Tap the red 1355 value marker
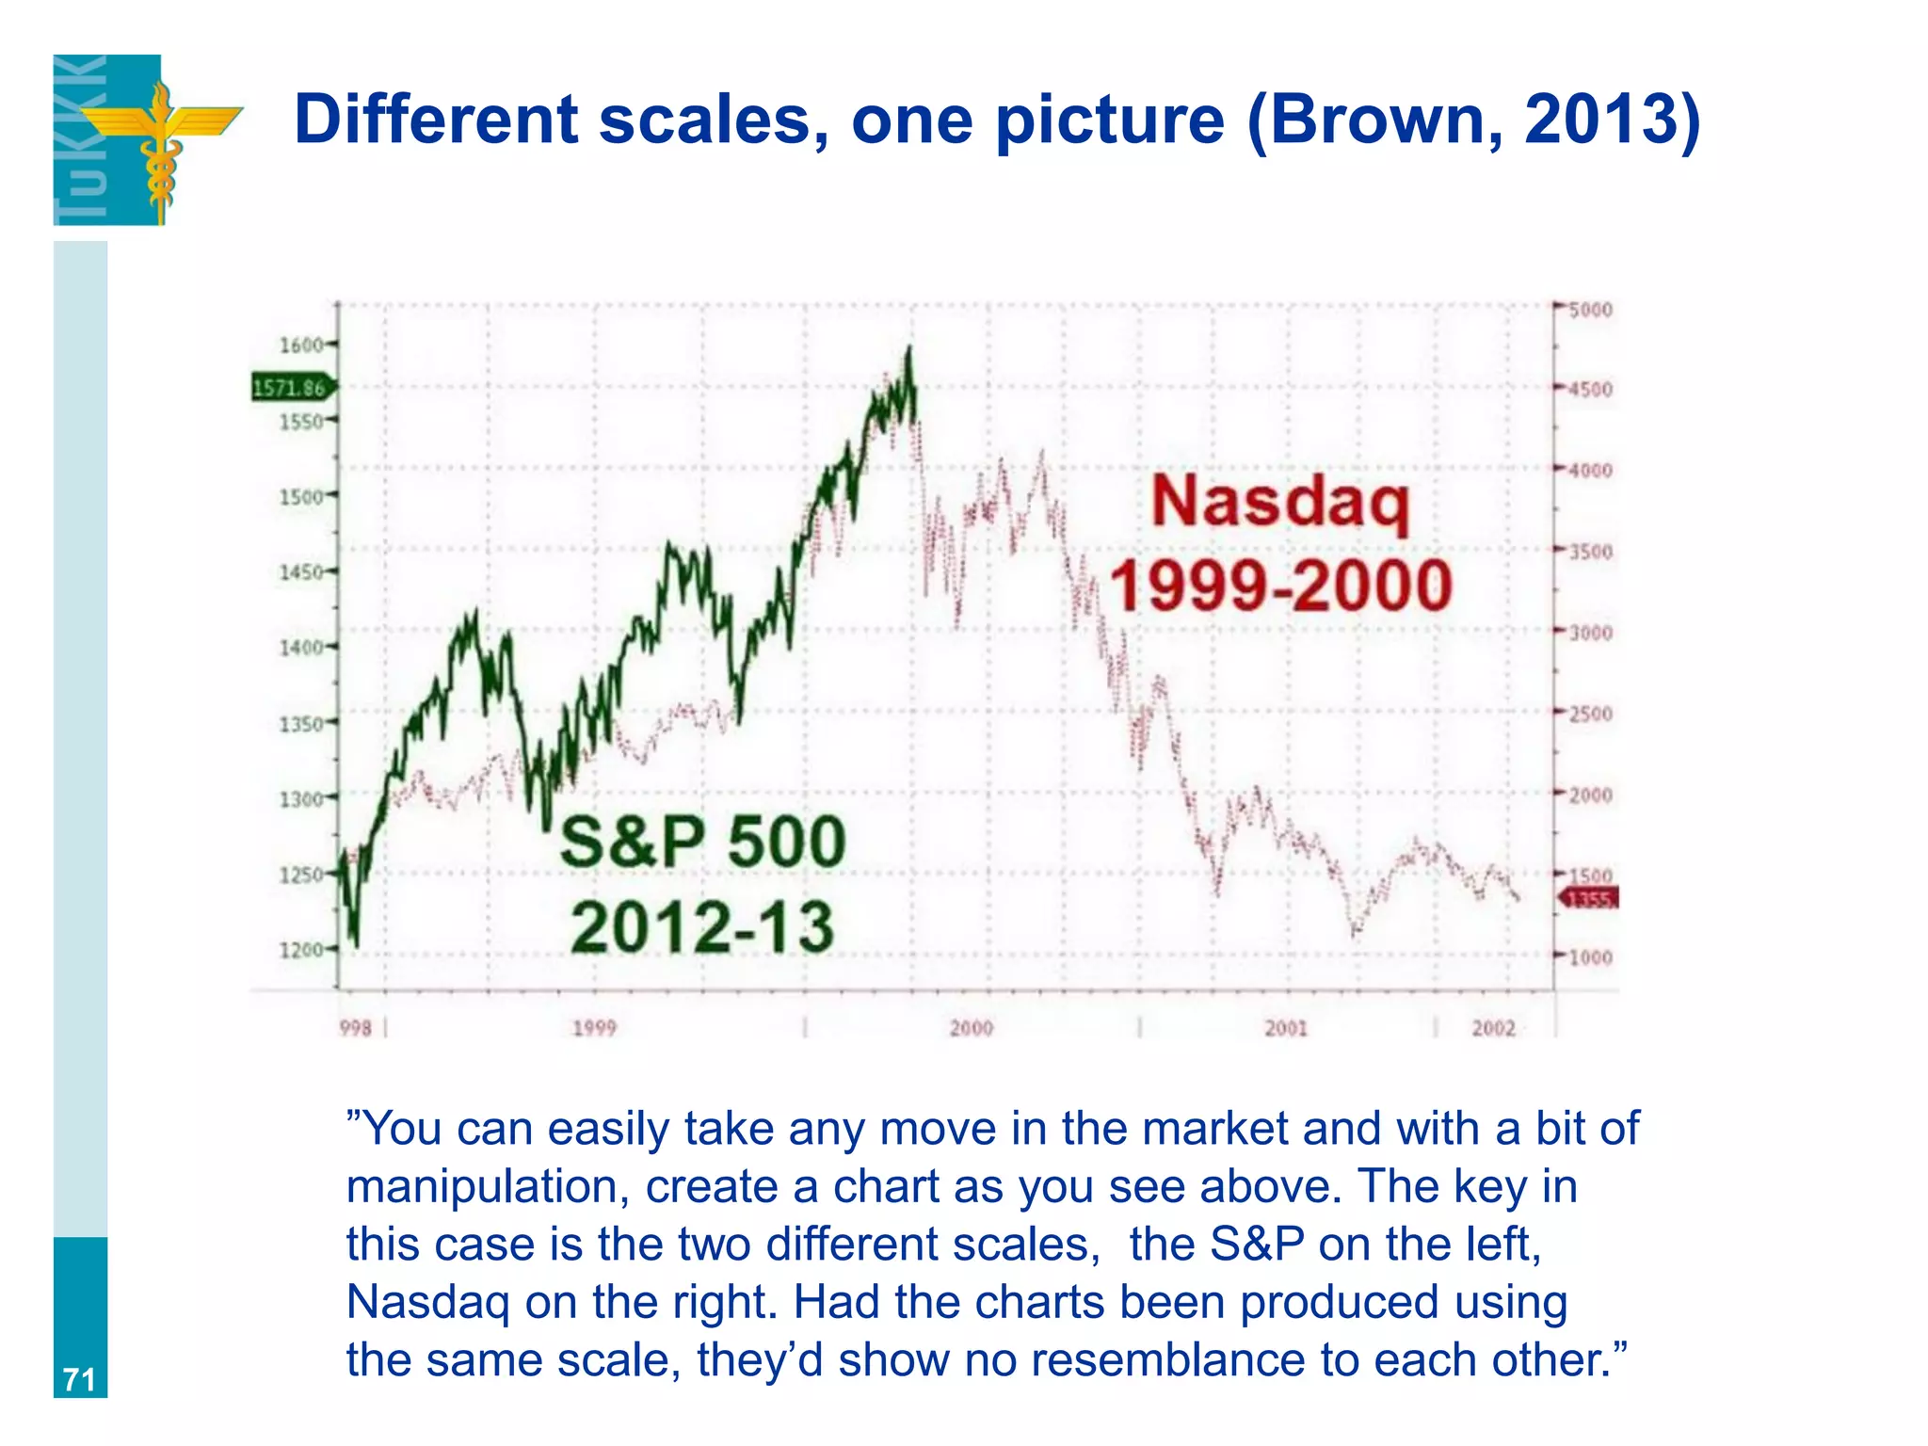tap(1590, 899)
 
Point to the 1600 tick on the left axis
tap(301, 345)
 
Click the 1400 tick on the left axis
tap(301, 648)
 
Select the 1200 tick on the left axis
tap(301, 950)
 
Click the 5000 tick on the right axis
tap(1590, 310)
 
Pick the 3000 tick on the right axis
tap(1590, 633)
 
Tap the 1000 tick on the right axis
tap(1590, 957)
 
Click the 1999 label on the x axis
tap(594, 1028)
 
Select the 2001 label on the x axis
tap(1286, 1028)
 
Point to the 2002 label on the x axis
tap(1494, 1028)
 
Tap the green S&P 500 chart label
tap(702, 842)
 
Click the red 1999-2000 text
tap(1280, 586)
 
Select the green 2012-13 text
tap(702, 927)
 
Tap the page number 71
tap(79, 1380)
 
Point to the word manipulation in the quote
tap(487, 1186)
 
